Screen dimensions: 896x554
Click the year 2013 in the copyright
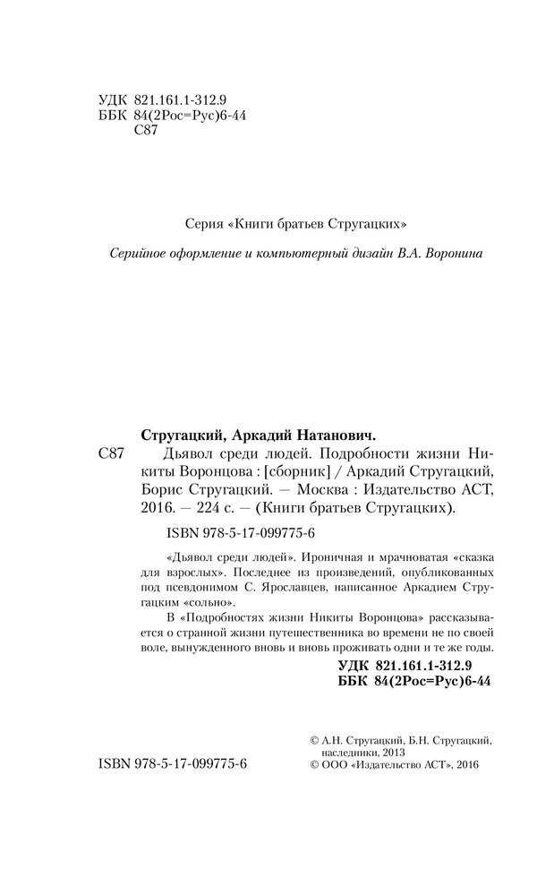pyautogui.click(x=392, y=753)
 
